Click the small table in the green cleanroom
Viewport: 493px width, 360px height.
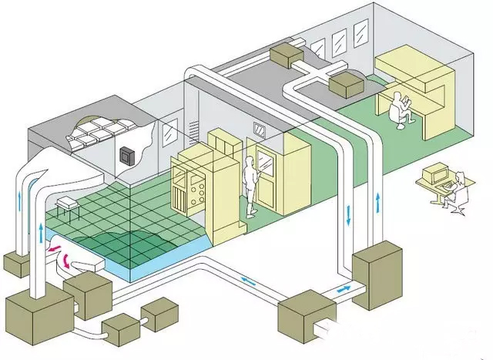(66, 204)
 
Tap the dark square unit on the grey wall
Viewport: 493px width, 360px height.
(126, 155)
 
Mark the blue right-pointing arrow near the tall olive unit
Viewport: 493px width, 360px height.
(342, 289)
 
